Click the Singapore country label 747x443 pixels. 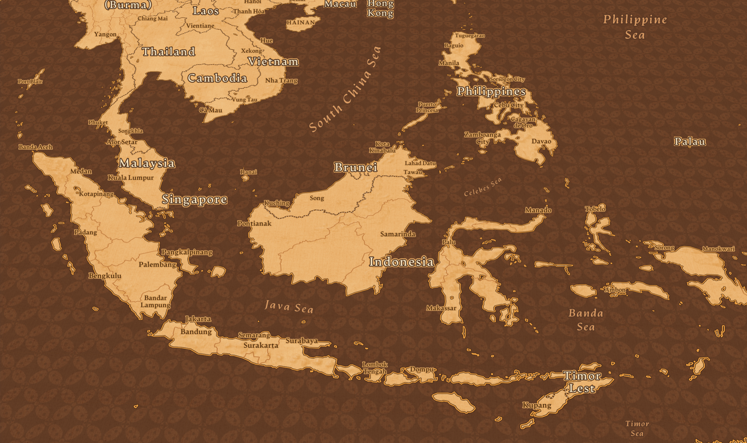[194, 199]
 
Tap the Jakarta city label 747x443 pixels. [198, 319]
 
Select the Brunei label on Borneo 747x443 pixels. [355, 167]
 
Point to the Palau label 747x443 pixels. [689, 142]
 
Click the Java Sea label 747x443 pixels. [289, 307]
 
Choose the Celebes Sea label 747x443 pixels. [483, 187]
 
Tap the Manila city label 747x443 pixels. [449, 63]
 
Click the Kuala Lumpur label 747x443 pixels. [131, 178]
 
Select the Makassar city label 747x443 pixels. [441, 308]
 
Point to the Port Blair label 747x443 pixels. [30, 81]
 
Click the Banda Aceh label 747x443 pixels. [35, 147]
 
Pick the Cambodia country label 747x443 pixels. [217, 78]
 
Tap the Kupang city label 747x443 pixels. [537, 405]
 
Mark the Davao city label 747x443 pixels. [541, 141]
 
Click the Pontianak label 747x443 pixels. [254, 224]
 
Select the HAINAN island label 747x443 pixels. [301, 22]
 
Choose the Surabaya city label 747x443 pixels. [302, 341]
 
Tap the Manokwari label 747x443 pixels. [718, 249]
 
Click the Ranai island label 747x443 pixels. [248, 172]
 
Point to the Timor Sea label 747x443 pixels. [637, 428]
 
